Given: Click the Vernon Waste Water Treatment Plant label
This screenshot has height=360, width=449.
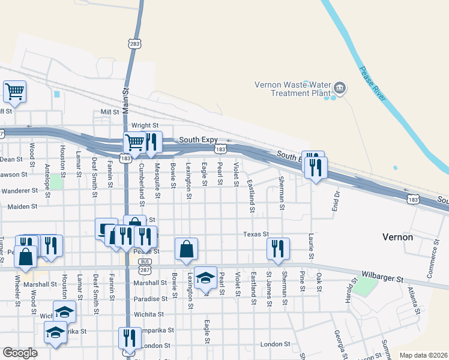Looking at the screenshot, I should click(292, 89).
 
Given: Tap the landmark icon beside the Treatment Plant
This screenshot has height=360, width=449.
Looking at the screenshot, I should click(340, 89).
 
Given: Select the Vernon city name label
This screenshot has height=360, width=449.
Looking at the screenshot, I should click(397, 237).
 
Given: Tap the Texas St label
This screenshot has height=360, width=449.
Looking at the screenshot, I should click(255, 234).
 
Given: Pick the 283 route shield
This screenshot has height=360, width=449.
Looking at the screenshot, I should click(134, 43).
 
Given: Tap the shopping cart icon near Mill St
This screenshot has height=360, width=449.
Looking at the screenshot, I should click(14, 92).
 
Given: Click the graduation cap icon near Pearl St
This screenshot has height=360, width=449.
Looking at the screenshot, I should click(205, 277).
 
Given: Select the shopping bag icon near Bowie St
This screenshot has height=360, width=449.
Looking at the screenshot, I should click(186, 248).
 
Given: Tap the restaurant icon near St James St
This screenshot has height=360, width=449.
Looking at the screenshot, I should click(278, 248).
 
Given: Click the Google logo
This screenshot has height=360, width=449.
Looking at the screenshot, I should click(20, 353).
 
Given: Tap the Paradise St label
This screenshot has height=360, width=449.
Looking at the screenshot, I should click(151, 299).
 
